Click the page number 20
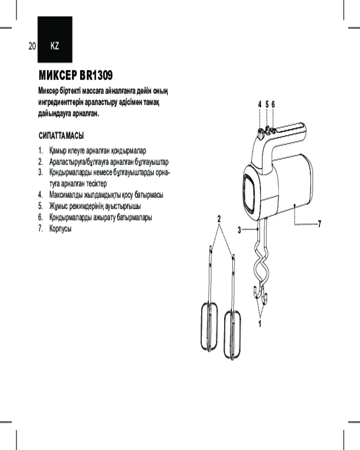click(32, 46)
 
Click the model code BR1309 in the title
click(96, 76)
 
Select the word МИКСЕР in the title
click(58, 76)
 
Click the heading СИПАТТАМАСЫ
click(61, 136)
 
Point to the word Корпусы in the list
click(60, 229)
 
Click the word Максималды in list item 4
click(65, 195)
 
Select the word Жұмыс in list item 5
click(58, 206)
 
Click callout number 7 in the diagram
click(319, 224)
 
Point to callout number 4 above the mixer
click(260, 104)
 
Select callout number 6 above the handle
click(273, 104)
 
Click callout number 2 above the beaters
click(219, 219)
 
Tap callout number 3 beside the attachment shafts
click(239, 230)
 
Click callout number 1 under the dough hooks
click(260, 324)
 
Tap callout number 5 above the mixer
click(267, 104)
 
